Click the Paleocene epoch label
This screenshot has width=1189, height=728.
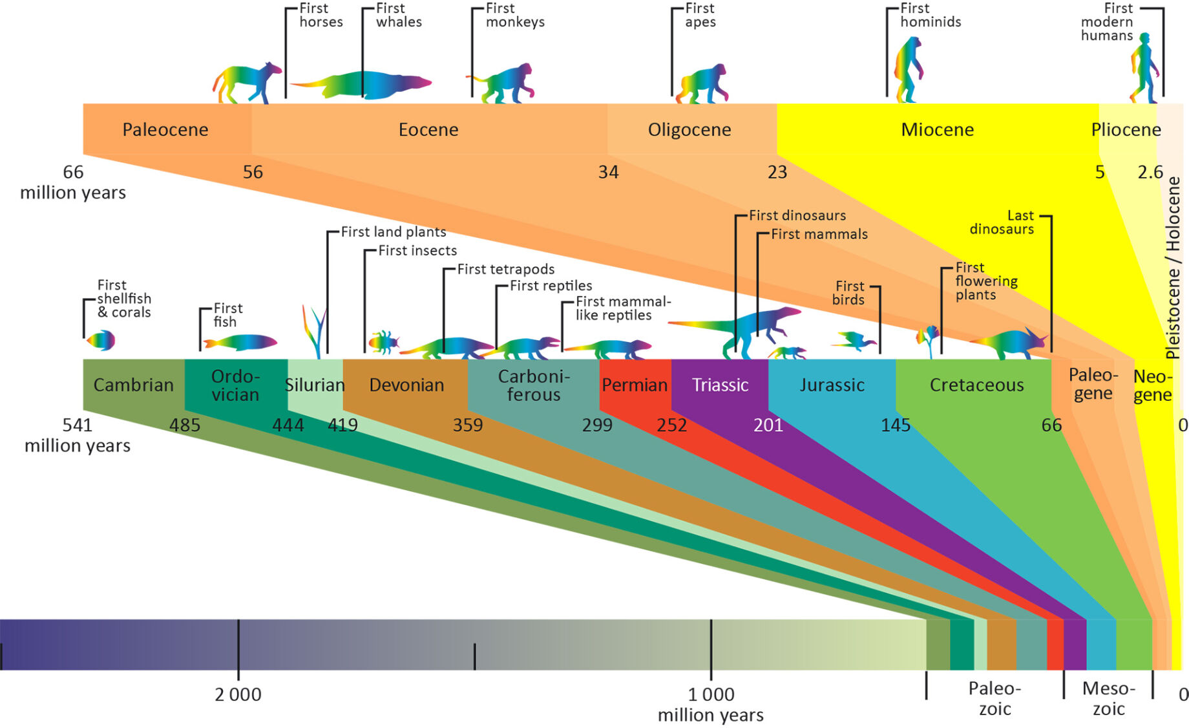[165, 130]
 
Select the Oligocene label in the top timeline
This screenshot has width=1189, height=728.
[689, 130]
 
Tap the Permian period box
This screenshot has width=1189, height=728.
[635, 385]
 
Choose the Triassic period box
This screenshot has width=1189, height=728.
[720, 385]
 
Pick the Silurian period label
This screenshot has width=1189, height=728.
[315, 385]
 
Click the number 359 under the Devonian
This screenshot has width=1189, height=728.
[468, 425]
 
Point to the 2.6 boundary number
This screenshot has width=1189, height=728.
[1150, 173]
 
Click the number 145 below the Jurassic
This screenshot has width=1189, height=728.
[896, 425]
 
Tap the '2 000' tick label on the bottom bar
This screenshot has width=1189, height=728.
[238, 695]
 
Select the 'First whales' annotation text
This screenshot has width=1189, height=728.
[399, 15]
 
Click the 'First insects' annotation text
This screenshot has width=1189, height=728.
[417, 251]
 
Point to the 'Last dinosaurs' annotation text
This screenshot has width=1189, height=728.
[1003, 222]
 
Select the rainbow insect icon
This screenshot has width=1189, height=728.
[383, 342]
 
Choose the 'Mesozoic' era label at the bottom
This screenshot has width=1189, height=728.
[1109, 698]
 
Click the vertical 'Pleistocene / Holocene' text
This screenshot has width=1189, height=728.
[1173, 268]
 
